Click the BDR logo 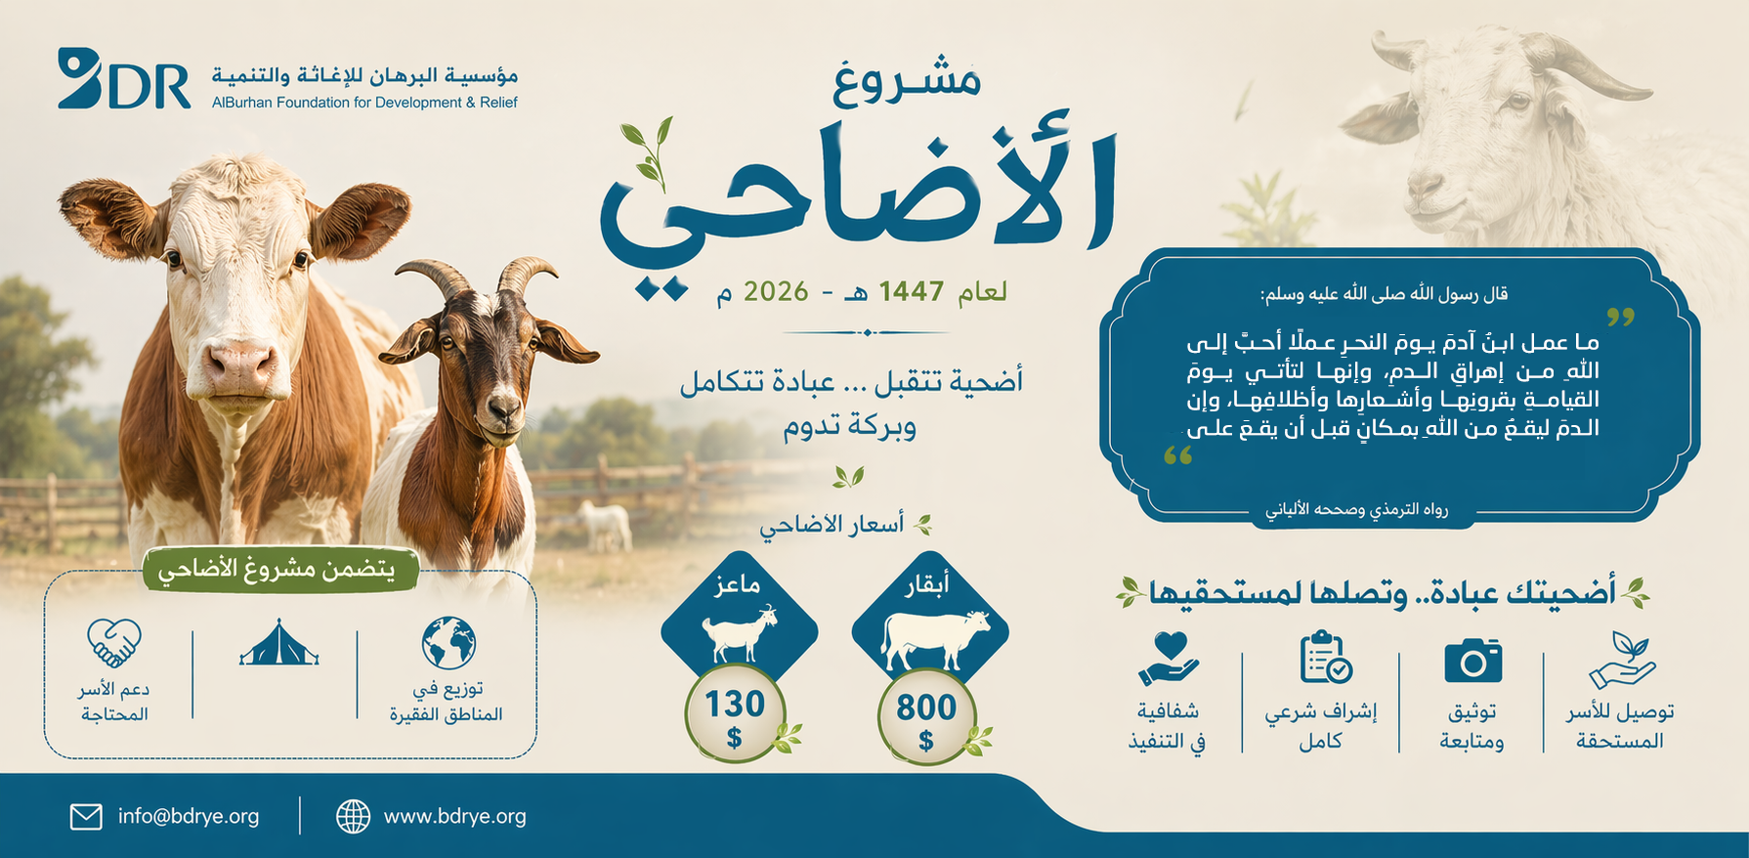124,78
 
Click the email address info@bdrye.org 189,816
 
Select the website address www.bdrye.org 454,816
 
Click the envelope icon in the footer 86,816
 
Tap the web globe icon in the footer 353,816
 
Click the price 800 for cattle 925,707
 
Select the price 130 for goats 735,704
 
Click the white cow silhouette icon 935,640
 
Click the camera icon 1472,662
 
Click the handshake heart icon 114,643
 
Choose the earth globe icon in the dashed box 448,643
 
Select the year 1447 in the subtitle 912,291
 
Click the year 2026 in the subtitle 776,291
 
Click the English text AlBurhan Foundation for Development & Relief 364,103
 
